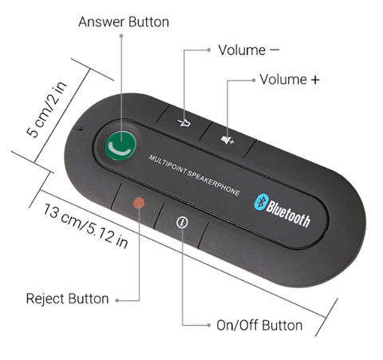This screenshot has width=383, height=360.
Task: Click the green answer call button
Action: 120,145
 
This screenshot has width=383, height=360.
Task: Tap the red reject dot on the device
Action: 139,203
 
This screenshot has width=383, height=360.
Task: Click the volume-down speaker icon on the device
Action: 184,122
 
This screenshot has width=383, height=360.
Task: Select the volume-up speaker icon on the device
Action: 227,140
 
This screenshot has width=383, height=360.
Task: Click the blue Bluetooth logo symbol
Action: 261,202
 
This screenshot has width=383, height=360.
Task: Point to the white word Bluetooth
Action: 288,214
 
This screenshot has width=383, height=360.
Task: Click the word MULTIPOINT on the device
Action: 168,164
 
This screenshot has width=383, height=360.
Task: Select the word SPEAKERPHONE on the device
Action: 214,183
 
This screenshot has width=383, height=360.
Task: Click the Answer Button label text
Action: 124,22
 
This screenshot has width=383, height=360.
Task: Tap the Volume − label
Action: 249,50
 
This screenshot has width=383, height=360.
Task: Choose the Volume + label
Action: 290,79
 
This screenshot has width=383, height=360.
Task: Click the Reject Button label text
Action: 68,299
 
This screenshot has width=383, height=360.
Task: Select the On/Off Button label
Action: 259,325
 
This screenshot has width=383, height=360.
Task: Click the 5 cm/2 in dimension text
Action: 47,109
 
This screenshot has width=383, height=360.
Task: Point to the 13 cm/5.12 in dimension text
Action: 85,226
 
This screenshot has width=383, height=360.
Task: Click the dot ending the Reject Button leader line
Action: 117,301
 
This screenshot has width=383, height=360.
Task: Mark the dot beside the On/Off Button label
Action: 209,325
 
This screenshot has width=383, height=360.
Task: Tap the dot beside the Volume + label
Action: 254,80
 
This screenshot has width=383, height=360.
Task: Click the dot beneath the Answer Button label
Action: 121,36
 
